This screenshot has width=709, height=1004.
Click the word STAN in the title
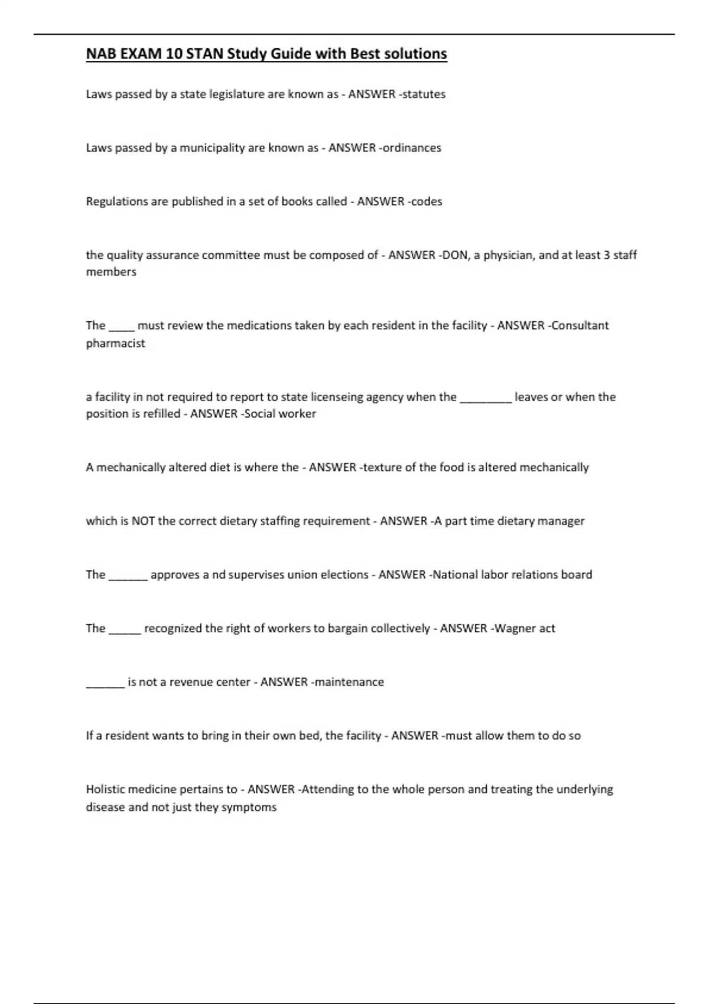coord(204,54)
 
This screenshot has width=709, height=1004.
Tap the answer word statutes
coord(423,94)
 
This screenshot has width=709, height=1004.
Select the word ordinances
coord(412,148)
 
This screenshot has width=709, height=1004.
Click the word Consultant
coord(580,325)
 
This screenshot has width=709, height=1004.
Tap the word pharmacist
coord(115,343)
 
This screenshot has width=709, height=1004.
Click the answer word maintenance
coord(349,682)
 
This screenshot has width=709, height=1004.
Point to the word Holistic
coord(106,789)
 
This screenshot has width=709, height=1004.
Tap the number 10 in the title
coord(174,54)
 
